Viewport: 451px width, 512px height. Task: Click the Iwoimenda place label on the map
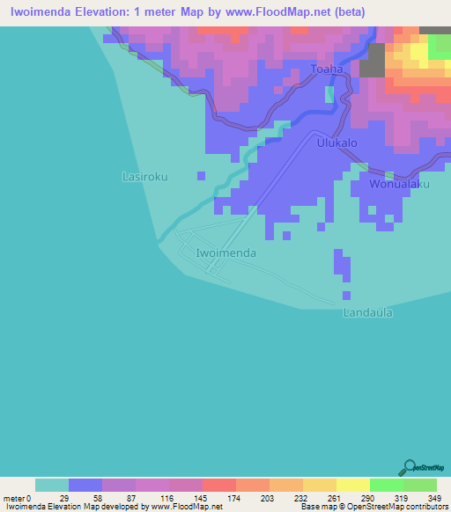coord(226,253)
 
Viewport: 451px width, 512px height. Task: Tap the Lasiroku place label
coord(144,177)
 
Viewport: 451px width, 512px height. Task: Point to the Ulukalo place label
coord(336,143)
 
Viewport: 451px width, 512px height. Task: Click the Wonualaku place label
coord(399,185)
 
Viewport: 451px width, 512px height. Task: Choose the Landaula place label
coord(367,312)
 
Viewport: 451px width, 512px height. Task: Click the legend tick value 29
coord(64,498)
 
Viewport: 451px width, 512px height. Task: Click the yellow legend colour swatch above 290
coord(352,485)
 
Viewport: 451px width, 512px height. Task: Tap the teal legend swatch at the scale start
coord(52,485)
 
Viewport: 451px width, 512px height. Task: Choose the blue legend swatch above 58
coord(85,485)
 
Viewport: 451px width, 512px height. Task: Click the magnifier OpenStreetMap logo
coord(410,466)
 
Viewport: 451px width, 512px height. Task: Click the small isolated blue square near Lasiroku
coord(202,175)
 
